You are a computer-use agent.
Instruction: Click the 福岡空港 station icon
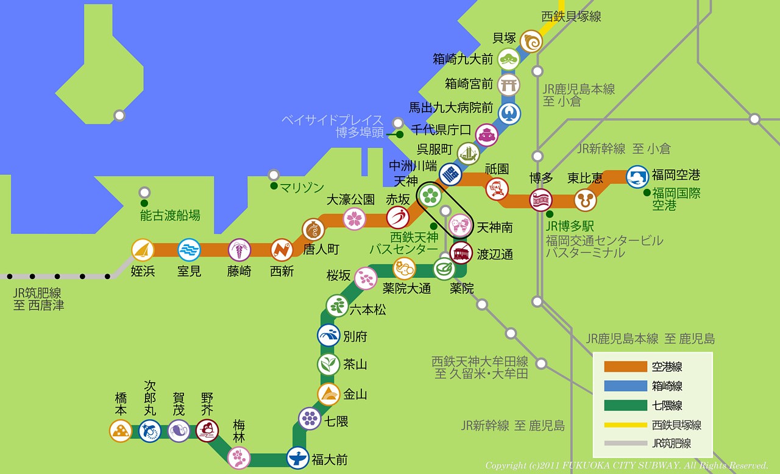[637, 177]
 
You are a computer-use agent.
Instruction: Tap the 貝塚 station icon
[531, 41]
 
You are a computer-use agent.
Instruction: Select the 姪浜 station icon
[143, 250]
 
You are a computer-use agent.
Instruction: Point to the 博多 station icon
[541, 200]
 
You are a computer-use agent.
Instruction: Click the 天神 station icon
[430, 196]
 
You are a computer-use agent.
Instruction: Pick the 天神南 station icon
[460, 225]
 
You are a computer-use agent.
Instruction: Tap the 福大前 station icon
[298, 458]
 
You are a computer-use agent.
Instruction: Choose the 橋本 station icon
[121, 431]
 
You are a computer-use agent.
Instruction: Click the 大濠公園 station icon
[354, 219]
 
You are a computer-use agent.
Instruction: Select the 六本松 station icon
[337, 306]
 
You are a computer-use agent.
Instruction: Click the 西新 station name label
[282, 272]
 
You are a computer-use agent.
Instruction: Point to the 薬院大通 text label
[406, 288]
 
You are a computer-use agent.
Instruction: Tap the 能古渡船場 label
[170, 215]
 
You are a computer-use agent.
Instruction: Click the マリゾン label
[303, 188]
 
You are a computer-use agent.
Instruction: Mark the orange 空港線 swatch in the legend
[625, 367]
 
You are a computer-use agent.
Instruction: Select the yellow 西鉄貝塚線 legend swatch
[625, 425]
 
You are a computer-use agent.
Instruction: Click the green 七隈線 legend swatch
[625, 406]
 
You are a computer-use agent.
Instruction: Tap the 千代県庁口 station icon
[487, 135]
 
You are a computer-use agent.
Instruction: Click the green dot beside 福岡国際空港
[647, 193]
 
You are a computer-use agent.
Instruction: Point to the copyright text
[626, 465]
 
